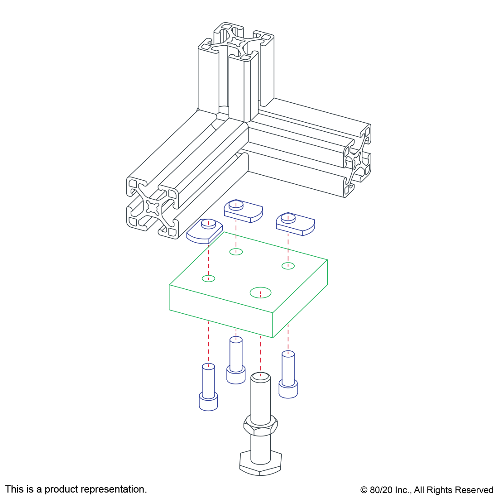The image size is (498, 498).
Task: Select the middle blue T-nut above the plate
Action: point(243,211)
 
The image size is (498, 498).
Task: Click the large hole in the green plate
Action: point(260,292)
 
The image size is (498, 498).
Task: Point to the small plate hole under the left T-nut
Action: point(208,278)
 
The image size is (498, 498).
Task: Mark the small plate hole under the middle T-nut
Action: point(236,252)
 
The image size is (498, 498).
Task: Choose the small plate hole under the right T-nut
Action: point(288,266)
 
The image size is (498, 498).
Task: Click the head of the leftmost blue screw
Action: point(208,402)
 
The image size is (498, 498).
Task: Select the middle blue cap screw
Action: point(236,362)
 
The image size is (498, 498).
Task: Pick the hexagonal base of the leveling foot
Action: point(260,463)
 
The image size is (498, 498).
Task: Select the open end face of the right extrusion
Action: point(358,161)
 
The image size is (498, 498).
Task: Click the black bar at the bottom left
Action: point(76,490)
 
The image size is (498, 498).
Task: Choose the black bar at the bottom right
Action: point(426,491)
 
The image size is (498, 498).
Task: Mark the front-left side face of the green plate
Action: point(221,311)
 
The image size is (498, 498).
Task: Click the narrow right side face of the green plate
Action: point(300,299)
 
